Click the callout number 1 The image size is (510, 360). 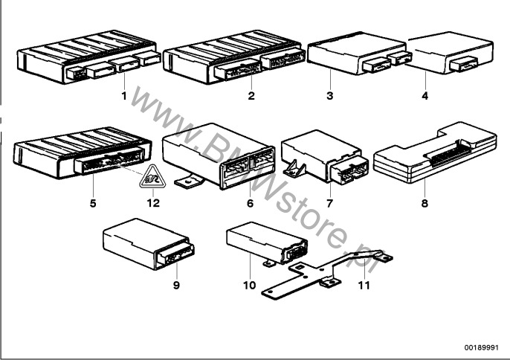tap(124, 96)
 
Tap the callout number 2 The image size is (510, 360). tap(251, 96)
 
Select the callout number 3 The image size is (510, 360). tap(330, 96)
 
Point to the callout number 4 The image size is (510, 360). tap(425, 96)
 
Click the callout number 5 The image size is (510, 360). tap(93, 204)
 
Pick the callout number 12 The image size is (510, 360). tap(153, 204)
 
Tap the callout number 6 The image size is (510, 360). tap(250, 204)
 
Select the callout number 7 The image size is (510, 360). tap(330, 204)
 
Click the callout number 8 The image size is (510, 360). tap(425, 204)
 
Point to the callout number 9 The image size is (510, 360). tap(176, 285)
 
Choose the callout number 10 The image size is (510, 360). tap(250, 285)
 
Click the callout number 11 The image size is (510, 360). tap(364, 285)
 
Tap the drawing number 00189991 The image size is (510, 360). tap(482, 347)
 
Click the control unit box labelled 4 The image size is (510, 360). tap(451, 52)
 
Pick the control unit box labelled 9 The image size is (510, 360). tap(149, 244)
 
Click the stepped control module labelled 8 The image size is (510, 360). tap(434, 153)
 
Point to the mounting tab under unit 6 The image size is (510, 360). tap(189, 182)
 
